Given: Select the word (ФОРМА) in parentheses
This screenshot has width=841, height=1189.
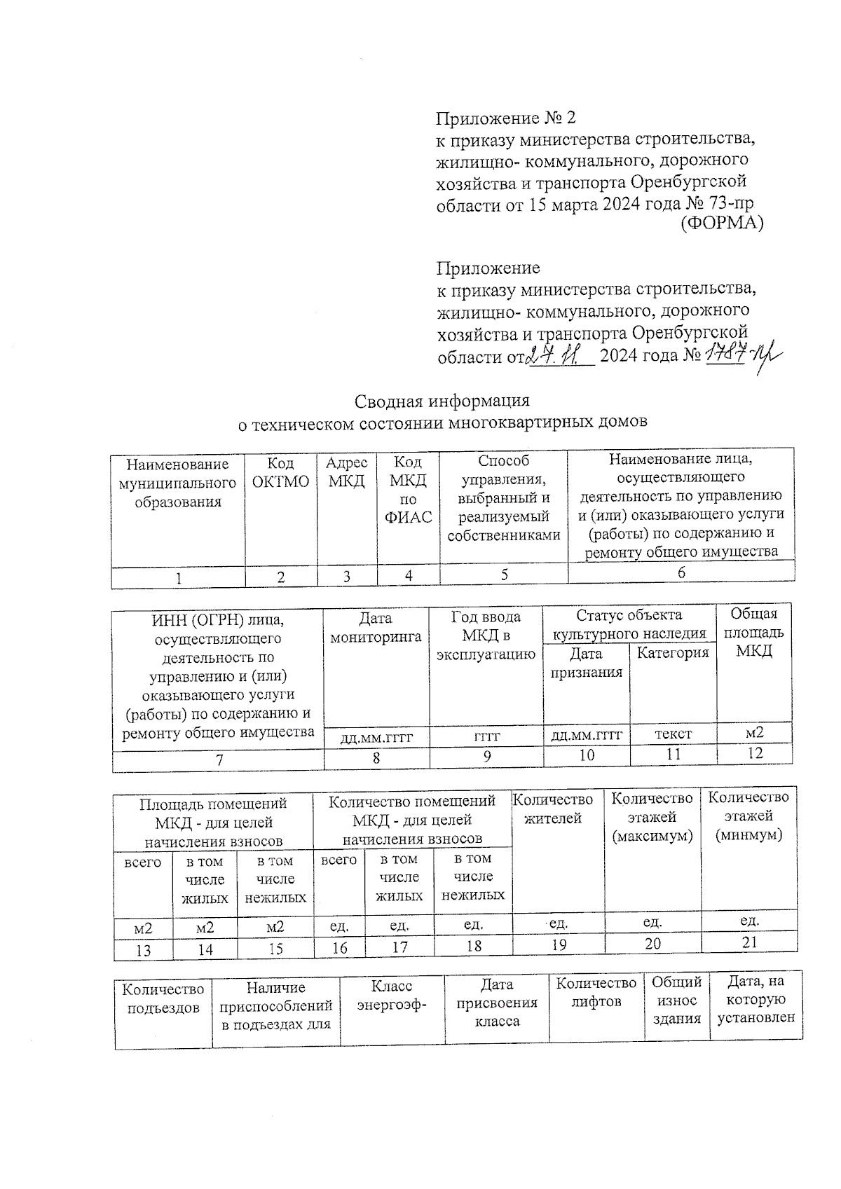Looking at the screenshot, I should [x=722, y=224].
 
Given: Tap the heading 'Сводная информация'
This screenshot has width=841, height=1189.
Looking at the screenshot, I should [x=442, y=401].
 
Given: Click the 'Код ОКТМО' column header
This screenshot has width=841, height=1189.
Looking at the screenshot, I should [x=280, y=472].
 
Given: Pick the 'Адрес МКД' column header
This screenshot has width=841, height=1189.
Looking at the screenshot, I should [x=347, y=472].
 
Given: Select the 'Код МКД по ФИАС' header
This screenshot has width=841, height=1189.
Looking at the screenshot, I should [x=408, y=490].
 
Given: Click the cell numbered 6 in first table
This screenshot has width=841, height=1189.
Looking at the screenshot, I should [x=681, y=572].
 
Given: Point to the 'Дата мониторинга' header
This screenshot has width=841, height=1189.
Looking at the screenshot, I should [x=376, y=628].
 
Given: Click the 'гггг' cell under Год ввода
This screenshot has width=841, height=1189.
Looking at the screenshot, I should [x=486, y=736].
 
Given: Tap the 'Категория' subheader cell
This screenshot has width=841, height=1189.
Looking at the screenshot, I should [x=673, y=653].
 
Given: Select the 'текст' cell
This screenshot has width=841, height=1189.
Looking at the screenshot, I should [x=673, y=734].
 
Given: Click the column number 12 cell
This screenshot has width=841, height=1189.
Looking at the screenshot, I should [x=754, y=753].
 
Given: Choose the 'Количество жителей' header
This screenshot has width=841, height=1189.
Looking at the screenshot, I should [x=554, y=809].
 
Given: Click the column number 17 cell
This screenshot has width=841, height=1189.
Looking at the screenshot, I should [x=399, y=947].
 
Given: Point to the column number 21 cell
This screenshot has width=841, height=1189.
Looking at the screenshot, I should [x=749, y=942].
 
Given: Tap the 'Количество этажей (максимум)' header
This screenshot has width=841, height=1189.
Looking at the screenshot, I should [x=652, y=817].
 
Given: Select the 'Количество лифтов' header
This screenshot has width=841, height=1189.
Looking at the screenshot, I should [x=596, y=993].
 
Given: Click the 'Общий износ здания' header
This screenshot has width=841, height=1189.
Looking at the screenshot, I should [x=676, y=1001].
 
